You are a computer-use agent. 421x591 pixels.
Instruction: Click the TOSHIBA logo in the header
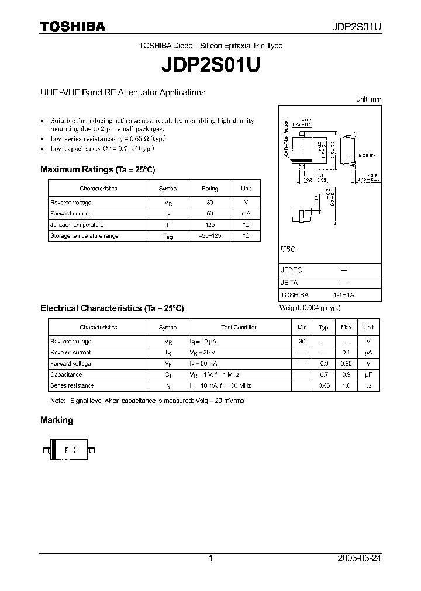(x=73, y=26)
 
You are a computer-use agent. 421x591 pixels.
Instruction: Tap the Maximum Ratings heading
(x=97, y=169)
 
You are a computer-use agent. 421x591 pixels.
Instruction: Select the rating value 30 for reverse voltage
(x=209, y=203)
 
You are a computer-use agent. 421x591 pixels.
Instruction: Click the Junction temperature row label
(x=77, y=225)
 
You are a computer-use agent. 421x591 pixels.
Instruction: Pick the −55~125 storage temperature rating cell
(x=209, y=236)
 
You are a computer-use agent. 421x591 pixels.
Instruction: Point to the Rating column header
(x=209, y=189)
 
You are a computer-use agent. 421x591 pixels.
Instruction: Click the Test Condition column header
(x=239, y=328)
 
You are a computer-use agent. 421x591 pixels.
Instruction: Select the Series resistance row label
(x=72, y=386)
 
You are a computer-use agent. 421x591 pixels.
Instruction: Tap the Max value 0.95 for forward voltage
(x=346, y=364)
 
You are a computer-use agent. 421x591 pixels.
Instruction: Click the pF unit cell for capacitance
(x=368, y=375)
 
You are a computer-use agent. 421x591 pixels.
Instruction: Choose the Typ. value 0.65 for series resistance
(x=324, y=386)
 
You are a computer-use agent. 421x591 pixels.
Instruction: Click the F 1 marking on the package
(x=70, y=450)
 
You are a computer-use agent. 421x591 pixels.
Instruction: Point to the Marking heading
(x=57, y=420)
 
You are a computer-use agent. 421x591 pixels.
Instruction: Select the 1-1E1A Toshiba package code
(x=343, y=295)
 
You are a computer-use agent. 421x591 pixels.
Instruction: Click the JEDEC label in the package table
(x=291, y=270)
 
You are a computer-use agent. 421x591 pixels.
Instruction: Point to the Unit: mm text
(x=368, y=100)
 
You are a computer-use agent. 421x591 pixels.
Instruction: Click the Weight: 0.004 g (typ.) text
(x=310, y=308)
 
